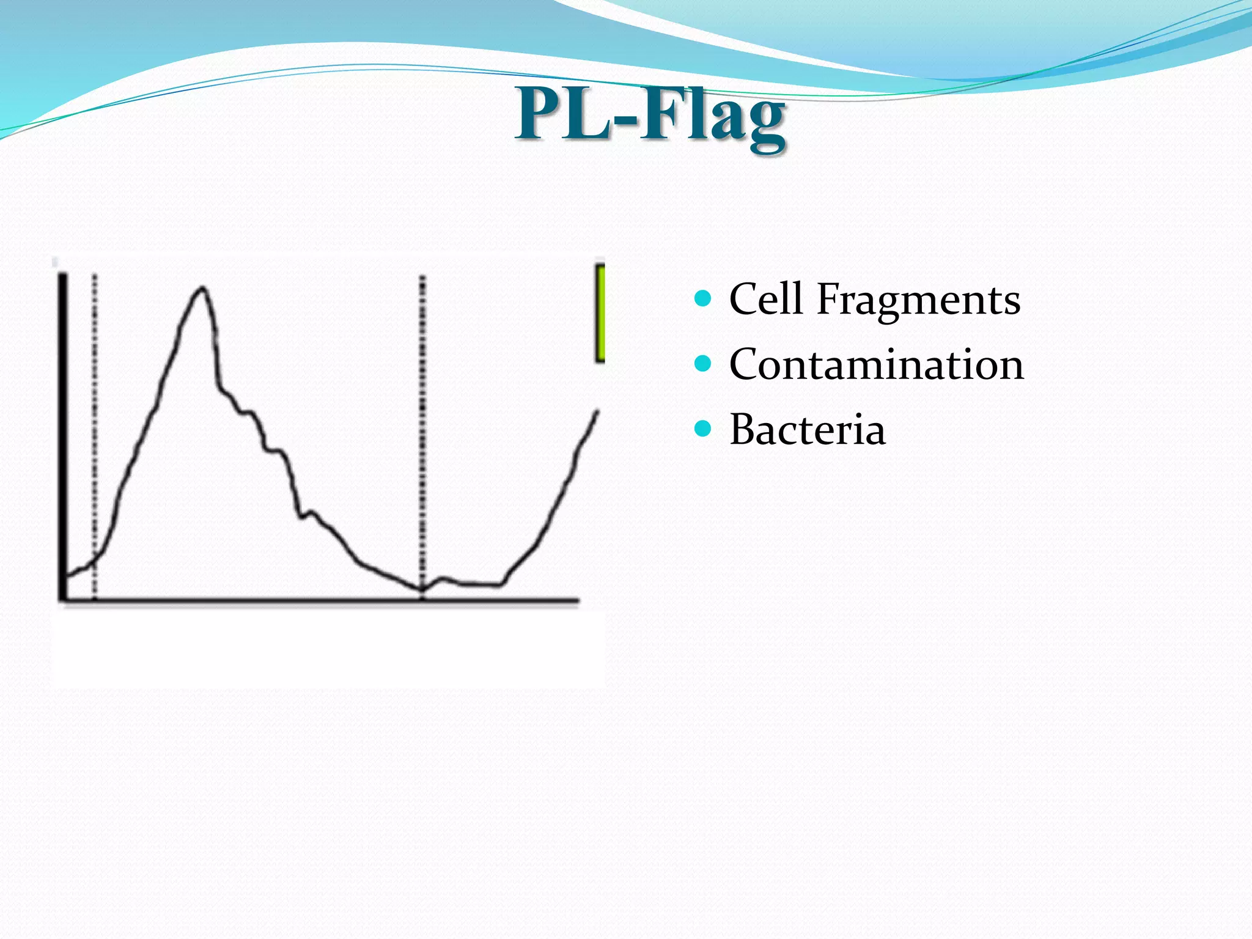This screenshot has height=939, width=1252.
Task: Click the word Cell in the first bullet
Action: click(x=765, y=299)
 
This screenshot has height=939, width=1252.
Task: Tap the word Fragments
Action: click(x=918, y=301)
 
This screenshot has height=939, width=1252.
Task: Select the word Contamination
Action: click(x=876, y=364)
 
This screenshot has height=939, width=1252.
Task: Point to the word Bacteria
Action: click(x=807, y=429)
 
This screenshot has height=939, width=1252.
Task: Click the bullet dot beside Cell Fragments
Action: click(x=704, y=298)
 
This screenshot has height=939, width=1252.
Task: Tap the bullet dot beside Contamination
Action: click(x=704, y=364)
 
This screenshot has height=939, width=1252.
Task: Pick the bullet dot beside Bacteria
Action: click(x=704, y=429)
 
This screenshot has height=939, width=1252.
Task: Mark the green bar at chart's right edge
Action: click(x=600, y=314)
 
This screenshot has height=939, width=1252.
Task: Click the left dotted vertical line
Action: click(x=95, y=428)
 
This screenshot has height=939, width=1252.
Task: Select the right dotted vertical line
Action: click(x=422, y=428)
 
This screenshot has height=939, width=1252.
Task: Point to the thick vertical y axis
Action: click(x=62, y=428)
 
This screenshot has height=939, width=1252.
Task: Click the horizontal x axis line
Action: click(x=318, y=600)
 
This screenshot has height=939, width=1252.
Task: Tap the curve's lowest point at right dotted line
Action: click(x=422, y=589)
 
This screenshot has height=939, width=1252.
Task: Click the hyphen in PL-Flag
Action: click(x=625, y=119)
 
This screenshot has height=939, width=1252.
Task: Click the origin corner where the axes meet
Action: click(x=62, y=600)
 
